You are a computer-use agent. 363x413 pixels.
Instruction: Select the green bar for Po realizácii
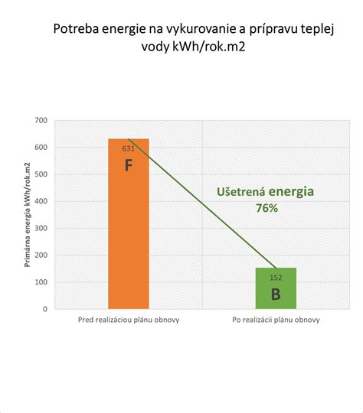coord(276,289)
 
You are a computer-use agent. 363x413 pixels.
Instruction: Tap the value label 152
coord(276,278)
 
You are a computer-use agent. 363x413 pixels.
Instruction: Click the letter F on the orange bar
coord(129,164)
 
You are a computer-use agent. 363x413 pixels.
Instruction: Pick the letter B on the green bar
coord(276,294)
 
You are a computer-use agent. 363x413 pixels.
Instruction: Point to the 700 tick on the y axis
coord(41,121)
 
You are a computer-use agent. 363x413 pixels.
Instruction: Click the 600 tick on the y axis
coord(41,148)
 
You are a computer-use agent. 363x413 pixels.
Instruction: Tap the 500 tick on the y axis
coord(41,174)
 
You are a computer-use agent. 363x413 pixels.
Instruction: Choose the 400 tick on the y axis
coord(41,201)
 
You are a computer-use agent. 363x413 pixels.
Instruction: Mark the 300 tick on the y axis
coord(41,228)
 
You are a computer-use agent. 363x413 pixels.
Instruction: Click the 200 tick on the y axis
coord(41,255)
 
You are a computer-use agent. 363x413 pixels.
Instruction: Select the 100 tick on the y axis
coord(41,282)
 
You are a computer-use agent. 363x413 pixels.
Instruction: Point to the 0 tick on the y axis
coord(46,309)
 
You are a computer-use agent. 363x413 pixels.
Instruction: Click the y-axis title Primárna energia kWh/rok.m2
coord(28,214)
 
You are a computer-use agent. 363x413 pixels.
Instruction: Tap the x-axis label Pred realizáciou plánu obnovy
coord(129,320)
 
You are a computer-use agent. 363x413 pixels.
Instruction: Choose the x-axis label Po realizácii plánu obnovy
coord(276,320)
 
